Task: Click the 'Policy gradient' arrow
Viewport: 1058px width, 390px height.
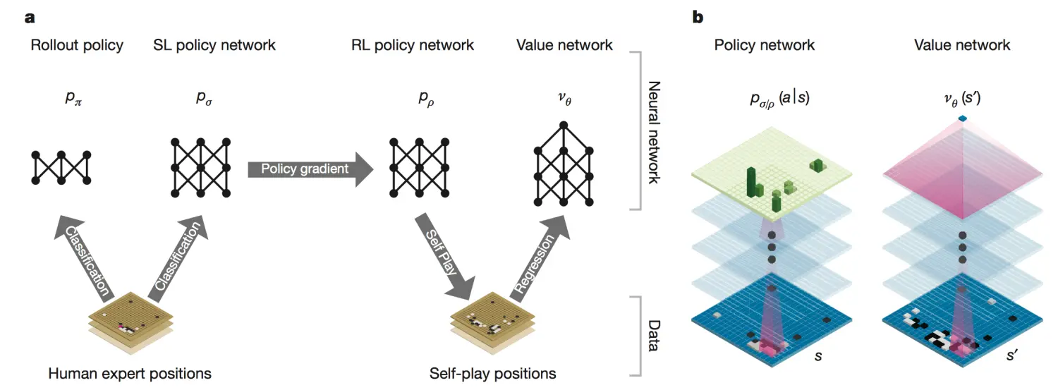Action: pyautogui.click(x=310, y=169)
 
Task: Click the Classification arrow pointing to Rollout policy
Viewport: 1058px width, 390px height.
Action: pyautogui.click(x=83, y=258)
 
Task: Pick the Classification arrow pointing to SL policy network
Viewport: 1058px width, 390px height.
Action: pyautogui.click(x=178, y=258)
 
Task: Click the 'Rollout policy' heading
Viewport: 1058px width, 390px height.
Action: pyautogui.click(x=77, y=45)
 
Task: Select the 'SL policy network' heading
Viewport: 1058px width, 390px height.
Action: pyautogui.click(x=214, y=45)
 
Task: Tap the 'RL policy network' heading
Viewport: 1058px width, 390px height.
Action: pyautogui.click(x=413, y=45)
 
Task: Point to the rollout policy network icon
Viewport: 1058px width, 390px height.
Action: pyautogui.click(x=61, y=168)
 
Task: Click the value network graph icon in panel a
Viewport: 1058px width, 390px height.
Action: pyautogui.click(x=564, y=164)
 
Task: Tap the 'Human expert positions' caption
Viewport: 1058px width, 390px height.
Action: pyautogui.click(x=130, y=374)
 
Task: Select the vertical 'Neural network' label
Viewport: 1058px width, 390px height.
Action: pyautogui.click(x=654, y=132)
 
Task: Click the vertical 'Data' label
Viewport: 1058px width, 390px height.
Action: pyautogui.click(x=654, y=336)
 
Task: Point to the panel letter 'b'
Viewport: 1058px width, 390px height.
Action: pyautogui.click(x=698, y=18)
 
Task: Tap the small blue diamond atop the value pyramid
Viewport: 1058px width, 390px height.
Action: pyautogui.click(x=963, y=118)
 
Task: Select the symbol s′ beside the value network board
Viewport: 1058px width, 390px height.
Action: pyautogui.click(x=1011, y=355)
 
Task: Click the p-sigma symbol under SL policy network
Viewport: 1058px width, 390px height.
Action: pyautogui.click(x=204, y=98)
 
